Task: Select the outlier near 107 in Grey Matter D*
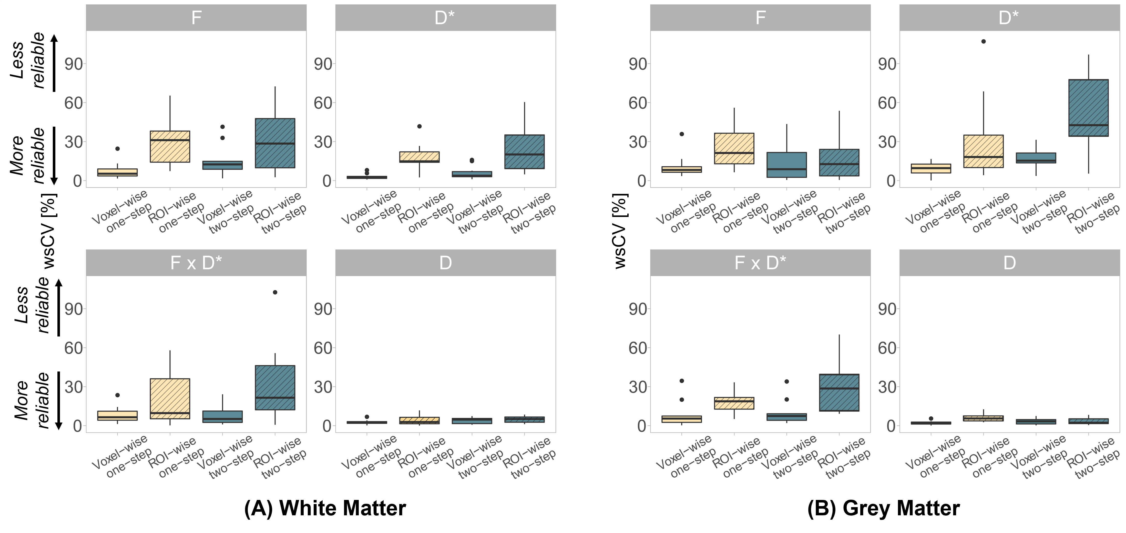coord(984,42)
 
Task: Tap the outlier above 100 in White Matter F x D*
coord(275,292)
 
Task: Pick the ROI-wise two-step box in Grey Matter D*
coord(1088,108)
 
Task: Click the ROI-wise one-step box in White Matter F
coord(170,146)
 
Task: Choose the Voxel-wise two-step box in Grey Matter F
coord(787,165)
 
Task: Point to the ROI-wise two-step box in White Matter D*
coord(525,152)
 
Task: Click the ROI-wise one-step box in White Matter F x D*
coord(170,399)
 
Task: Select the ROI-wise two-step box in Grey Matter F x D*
coord(839,393)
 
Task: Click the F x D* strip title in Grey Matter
coord(760,263)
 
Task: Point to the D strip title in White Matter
coord(445,263)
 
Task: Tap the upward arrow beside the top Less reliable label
coord(54,63)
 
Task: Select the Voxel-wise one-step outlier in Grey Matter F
coord(681,134)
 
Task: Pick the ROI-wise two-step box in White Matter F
coord(275,143)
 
